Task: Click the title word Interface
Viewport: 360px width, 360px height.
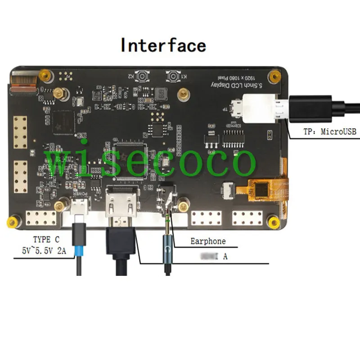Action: (163, 45)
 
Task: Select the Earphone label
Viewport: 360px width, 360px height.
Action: (207, 241)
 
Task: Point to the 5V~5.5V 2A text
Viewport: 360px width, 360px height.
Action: (44, 251)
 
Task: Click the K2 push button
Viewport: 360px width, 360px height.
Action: (143, 76)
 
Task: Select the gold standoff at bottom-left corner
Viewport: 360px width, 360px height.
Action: (13, 221)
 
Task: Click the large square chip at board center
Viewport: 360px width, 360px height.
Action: (130, 155)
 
